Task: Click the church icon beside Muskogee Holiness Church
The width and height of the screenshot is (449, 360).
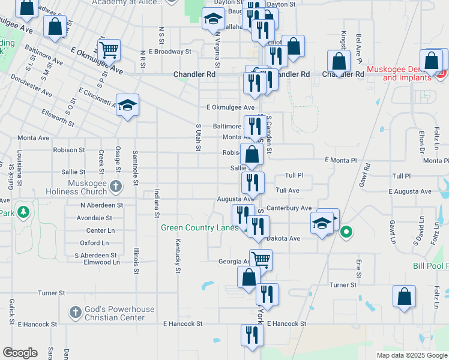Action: click(x=117, y=187)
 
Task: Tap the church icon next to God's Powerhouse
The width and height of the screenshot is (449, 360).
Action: click(x=75, y=312)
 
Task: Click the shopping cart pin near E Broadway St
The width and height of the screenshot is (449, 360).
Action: click(x=109, y=50)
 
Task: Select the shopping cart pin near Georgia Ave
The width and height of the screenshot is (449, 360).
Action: click(x=261, y=260)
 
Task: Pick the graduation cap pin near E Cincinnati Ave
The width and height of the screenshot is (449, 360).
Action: click(x=127, y=105)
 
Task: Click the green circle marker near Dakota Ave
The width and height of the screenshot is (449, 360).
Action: click(x=346, y=232)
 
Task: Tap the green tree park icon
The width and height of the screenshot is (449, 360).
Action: click(x=23, y=212)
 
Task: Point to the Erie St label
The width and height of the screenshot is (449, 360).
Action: click(x=358, y=268)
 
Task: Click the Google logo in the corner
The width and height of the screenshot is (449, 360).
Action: click(x=20, y=353)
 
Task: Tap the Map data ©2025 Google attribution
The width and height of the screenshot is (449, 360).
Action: click(x=411, y=355)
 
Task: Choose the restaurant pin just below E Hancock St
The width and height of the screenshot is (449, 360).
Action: click(x=251, y=335)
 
